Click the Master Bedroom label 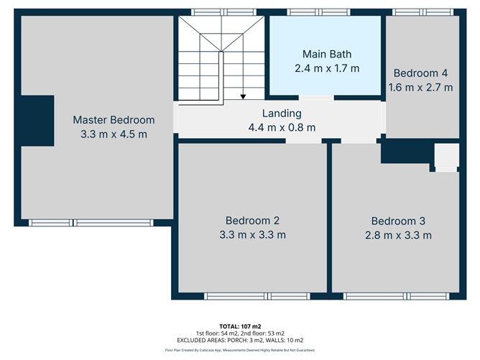(114, 120)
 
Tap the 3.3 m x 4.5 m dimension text (114, 134)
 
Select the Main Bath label (327, 54)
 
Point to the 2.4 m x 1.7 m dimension (327, 68)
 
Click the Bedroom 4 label (420, 73)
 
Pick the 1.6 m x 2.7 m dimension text (420, 88)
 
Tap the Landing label (282, 114)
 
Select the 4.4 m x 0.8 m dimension (282, 127)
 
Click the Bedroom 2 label (252, 221)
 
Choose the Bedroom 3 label (398, 221)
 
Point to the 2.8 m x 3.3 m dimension (398, 236)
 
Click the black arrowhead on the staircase (243, 97)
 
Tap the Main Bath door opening (316, 98)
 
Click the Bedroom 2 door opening (304, 141)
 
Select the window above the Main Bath (318, 12)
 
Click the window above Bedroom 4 (423, 12)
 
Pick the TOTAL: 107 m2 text (240, 327)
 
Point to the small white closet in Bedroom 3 (447, 157)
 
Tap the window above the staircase (223, 12)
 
